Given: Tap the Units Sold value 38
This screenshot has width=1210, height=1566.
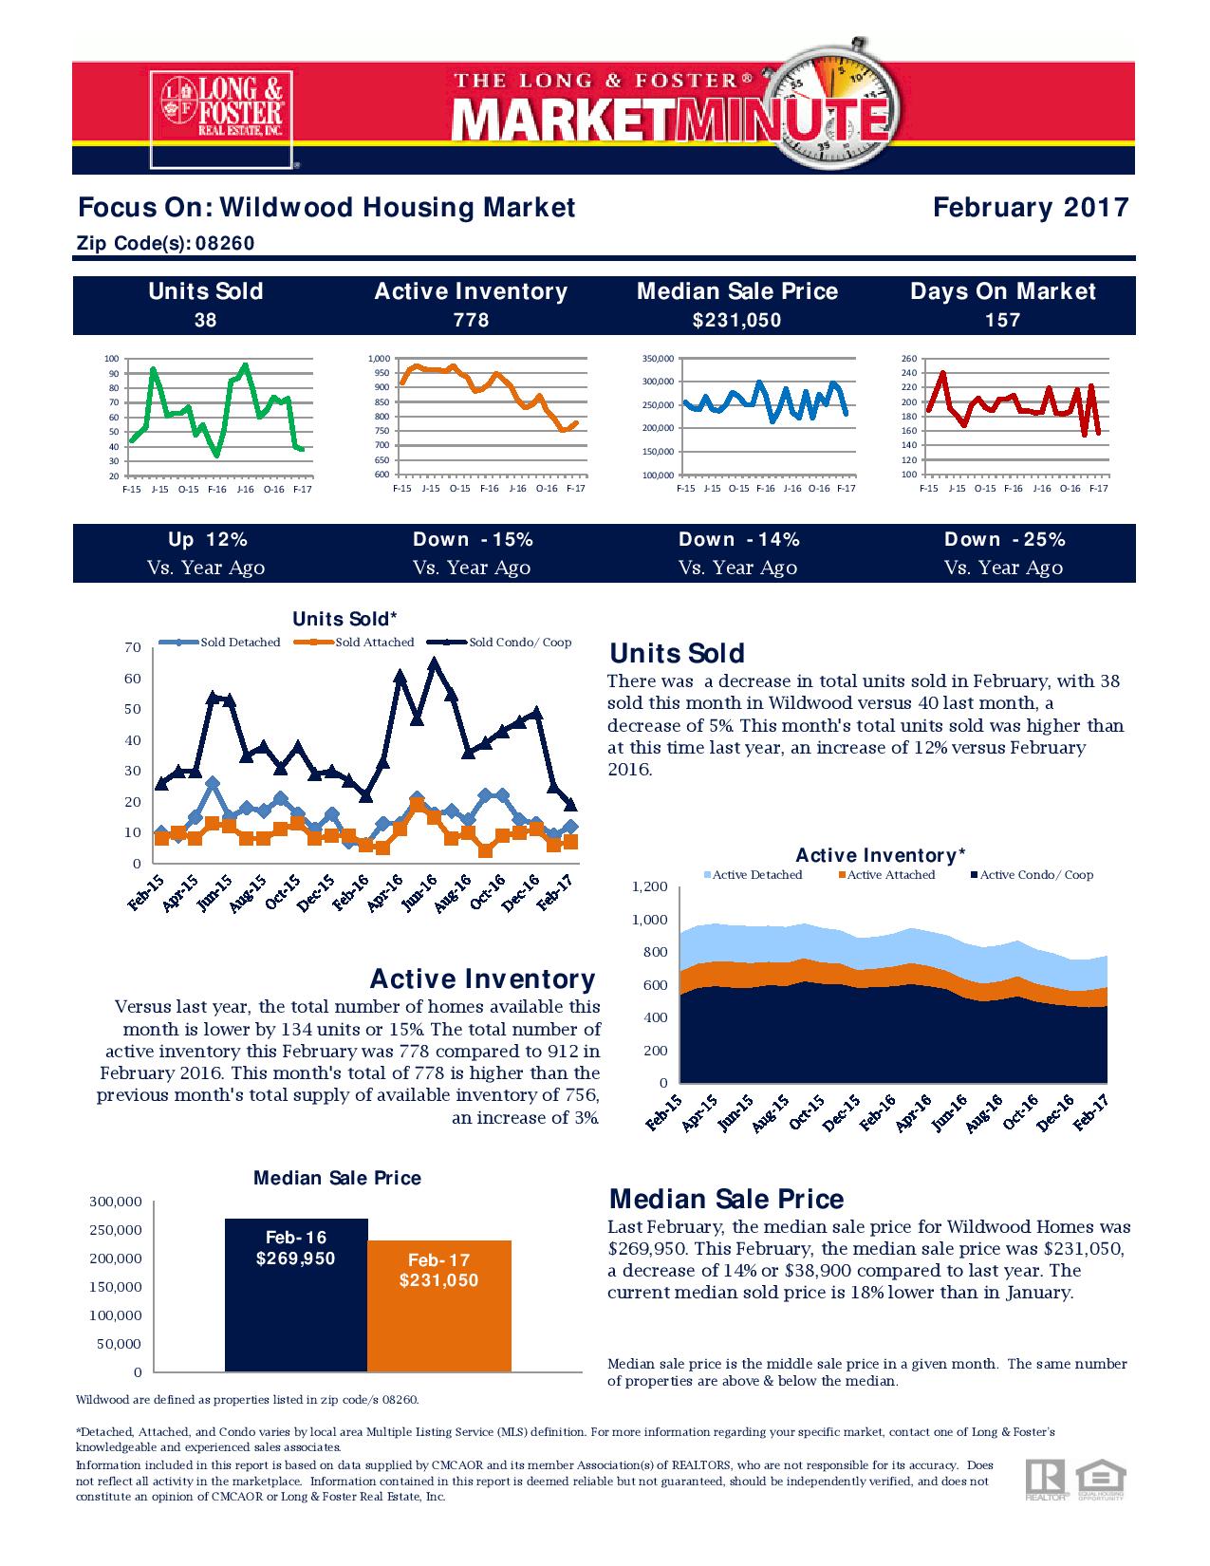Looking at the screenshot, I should click(205, 320).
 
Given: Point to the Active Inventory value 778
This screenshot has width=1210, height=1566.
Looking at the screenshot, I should click(471, 320).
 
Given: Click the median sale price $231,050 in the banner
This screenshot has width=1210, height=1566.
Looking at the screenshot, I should click(737, 320).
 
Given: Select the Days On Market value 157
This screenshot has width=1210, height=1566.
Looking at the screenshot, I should click(1002, 320).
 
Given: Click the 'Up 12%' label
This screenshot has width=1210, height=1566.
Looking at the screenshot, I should click(208, 539).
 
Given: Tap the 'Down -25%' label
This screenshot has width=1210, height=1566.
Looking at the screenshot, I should click(1005, 539).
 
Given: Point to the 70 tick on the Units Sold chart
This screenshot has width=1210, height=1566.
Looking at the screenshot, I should click(133, 647).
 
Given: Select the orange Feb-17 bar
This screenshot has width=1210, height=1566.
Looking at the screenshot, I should click(438, 1305).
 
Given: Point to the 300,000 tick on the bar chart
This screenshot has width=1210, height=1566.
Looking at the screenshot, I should click(116, 1202).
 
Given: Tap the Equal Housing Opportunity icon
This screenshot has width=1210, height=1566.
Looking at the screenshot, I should click(1101, 1482).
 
